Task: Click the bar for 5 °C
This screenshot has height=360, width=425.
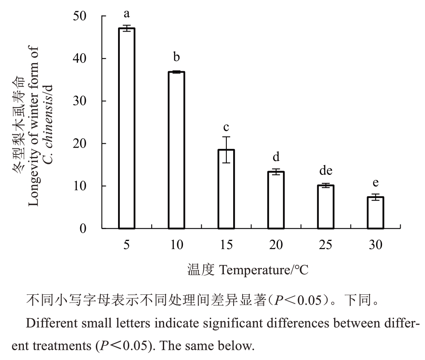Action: [x=127, y=128]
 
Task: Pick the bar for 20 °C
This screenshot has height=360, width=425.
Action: [x=276, y=200]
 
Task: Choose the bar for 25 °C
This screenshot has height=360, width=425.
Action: [x=326, y=207]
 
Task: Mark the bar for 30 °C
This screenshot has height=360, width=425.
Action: [x=376, y=212]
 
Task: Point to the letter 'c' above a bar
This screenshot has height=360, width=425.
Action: [x=226, y=127]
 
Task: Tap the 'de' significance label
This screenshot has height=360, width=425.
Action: [x=326, y=171]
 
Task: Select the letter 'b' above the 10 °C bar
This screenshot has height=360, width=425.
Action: [x=176, y=56]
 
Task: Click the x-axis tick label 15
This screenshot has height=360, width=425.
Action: [x=226, y=245]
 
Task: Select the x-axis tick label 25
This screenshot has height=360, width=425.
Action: [x=326, y=245]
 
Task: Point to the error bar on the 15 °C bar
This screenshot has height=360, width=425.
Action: [x=226, y=149]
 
